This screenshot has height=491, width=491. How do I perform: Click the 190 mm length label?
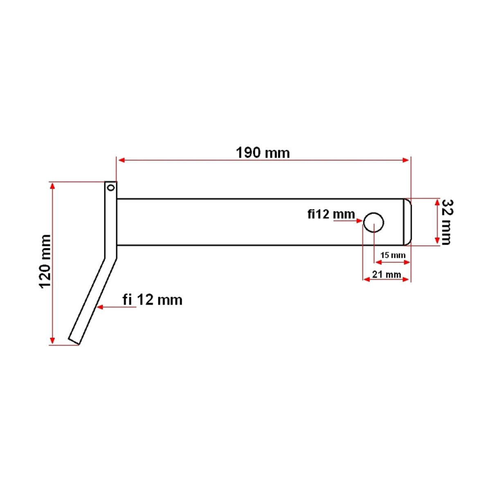[x=263, y=153]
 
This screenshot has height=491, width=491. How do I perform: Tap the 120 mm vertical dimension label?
[x=45, y=261]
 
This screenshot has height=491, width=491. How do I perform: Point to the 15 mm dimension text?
[x=393, y=255]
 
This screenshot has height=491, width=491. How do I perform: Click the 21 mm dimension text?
[x=387, y=274]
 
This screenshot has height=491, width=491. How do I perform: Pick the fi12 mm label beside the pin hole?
[x=331, y=214]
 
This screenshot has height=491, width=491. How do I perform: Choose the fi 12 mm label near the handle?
[x=152, y=300]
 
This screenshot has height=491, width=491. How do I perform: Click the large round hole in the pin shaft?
[x=374, y=222]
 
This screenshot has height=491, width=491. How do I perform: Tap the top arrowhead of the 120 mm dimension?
[x=52, y=186]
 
